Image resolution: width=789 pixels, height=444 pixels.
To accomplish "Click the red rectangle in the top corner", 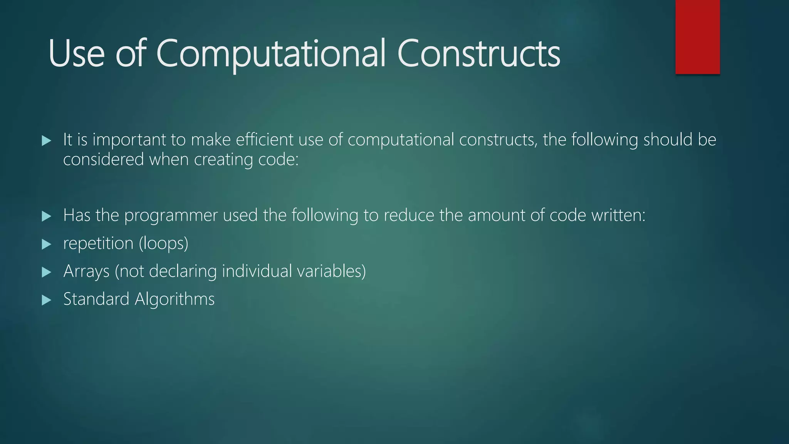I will click(697, 37).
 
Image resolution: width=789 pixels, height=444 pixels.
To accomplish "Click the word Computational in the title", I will click(270, 54).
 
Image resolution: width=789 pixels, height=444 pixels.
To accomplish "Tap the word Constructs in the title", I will click(478, 54).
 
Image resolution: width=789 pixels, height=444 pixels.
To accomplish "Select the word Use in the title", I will click(76, 54).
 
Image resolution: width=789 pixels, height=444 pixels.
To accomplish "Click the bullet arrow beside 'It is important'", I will click(46, 141).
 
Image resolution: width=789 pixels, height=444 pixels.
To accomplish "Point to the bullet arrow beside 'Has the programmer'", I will click(46, 216).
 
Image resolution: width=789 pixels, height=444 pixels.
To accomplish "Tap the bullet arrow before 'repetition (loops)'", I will click(46, 244).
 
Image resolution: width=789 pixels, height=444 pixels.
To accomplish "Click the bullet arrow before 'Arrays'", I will click(46, 272).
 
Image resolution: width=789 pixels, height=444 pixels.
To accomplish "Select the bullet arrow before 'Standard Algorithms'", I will click(46, 300).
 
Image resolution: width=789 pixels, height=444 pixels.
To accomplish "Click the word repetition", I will click(98, 244).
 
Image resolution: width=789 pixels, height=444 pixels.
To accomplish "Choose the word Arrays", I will click(86, 271).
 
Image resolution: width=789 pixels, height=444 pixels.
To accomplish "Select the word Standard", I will click(96, 299).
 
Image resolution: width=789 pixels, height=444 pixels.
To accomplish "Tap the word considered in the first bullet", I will click(103, 160).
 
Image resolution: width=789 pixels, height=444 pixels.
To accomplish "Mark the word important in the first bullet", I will click(129, 140).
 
